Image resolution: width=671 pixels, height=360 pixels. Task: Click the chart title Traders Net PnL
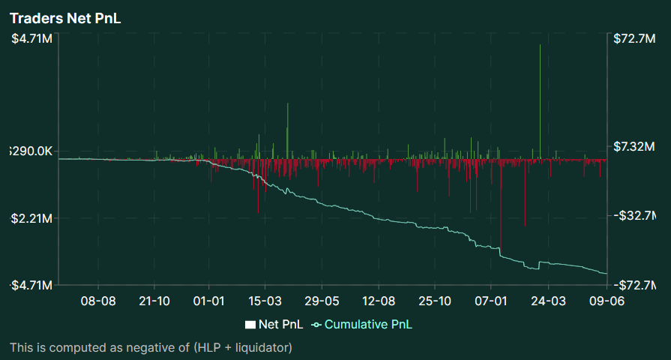[x=65, y=19]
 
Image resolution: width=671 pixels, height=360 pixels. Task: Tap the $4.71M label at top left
[x=31, y=39]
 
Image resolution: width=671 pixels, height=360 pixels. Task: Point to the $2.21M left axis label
[x=31, y=219]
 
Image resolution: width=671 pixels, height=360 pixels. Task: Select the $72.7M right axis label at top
[x=634, y=39]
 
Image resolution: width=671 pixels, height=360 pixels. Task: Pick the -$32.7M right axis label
[x=634, y=216]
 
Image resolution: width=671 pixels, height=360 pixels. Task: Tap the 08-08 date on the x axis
[x=97, y=301]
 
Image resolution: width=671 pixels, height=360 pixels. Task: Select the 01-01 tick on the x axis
[x=209, y=301]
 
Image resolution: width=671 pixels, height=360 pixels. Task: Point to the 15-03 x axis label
[x=265, y=301]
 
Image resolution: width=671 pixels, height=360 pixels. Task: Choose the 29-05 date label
[x=322, y=301]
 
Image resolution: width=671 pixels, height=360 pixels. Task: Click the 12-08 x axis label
[x=378, y=301]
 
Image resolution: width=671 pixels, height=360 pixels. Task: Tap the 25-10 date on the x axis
[x=434, y=301]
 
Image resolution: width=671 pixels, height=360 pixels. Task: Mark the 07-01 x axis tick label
[x=490, y=301]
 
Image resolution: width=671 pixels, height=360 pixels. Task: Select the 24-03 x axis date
[x=547, y=301]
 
